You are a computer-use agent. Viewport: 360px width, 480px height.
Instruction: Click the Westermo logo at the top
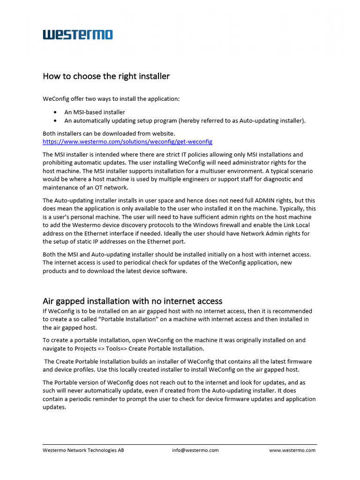(x=78, y=35)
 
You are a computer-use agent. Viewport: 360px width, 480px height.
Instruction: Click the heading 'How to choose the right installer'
(x=106, y=76)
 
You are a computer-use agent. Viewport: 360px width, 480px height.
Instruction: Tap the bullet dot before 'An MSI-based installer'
(x=56, y=112)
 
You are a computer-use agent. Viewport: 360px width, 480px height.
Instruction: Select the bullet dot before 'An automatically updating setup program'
(x=56, y=121)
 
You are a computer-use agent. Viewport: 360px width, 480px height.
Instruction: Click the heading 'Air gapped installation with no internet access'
(x=132, y=301)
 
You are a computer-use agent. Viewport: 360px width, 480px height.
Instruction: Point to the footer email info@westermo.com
(x=195, y=450)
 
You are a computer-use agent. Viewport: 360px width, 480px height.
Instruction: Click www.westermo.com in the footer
(x=292, y=450)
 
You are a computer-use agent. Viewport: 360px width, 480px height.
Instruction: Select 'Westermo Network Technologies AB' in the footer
(x=83, y=450)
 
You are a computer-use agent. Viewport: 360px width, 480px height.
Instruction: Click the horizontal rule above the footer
(x=180, y=444)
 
